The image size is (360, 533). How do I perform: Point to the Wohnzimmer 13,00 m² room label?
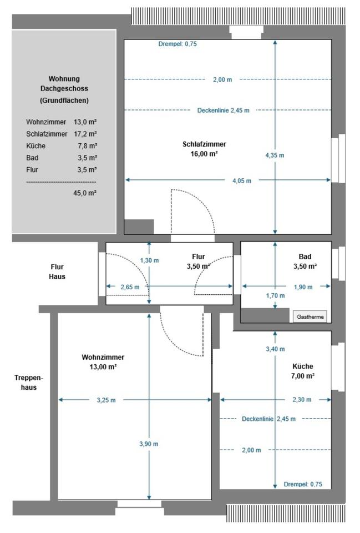103,362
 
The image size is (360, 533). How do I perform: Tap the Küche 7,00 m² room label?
303,371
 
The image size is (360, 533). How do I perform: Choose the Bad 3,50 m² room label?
305,262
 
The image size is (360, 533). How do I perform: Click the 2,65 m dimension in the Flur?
130,287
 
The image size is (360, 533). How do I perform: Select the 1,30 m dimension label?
149,260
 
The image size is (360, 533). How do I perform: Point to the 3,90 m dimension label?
149,444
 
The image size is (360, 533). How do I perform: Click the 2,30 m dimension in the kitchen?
301,400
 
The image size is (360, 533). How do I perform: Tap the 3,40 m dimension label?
275,349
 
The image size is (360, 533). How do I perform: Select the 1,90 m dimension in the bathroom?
303,287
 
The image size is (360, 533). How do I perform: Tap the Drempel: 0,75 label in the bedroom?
177,44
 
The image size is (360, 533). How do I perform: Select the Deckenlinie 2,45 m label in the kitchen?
268,419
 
